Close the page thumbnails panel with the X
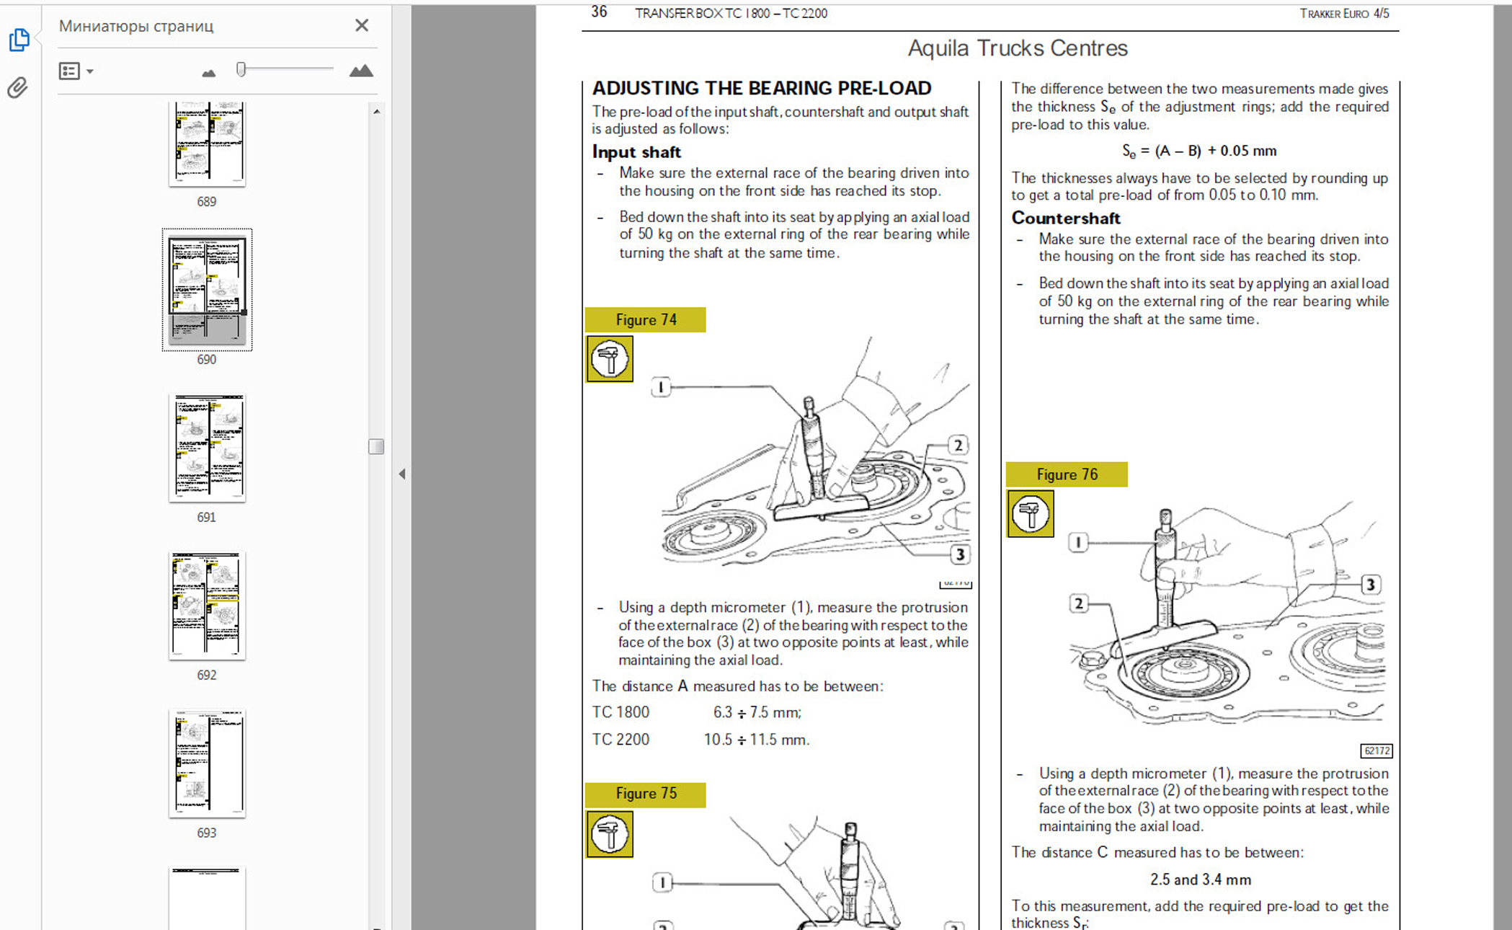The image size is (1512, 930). click(x=362, y=26)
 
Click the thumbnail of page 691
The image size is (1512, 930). click(x=207, y=448)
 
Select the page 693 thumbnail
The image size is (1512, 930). click(x=207, y=763)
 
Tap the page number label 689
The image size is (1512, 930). click(x=207, y=202)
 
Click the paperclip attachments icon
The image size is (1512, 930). click(x=18, y=88)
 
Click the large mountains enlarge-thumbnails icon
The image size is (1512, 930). click(x=361, y=71)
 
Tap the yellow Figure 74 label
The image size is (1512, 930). click(x=646, y=320)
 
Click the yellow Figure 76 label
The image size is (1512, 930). click(x=1067, y=474)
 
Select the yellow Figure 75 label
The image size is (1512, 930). click(x=646, y=794)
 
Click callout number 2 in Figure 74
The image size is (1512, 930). click(x=958, y=446)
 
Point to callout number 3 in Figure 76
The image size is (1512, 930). click(x=1371, y=585)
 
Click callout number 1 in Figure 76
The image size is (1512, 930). click(x=1078, y=542)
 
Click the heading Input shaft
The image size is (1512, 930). click(x=636, y=152)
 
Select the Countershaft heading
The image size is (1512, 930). click(x=1066, y=218)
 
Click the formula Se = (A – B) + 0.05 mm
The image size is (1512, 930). click(x=1199, y=151)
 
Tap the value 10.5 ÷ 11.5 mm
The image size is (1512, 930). click(x=757, y=740)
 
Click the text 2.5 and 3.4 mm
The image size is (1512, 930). click(x=1201, y=880)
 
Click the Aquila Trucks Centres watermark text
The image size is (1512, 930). click(x=1018, y=48)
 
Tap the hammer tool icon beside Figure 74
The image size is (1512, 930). click(x=610, y=359)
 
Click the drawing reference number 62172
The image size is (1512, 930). click(x=1377, y=751)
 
